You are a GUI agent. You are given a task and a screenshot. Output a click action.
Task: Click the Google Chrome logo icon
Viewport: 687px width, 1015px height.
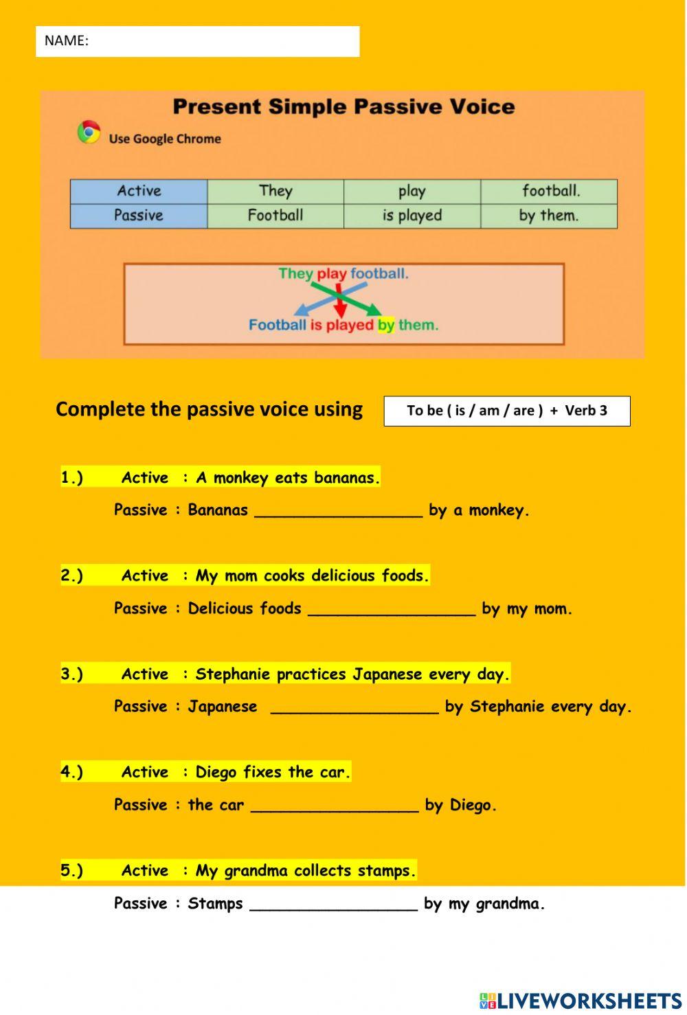pyautogui.click(x=89, y=132)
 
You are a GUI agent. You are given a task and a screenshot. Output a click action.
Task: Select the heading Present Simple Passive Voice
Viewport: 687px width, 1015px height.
pyautogui.click(x=343, y=107)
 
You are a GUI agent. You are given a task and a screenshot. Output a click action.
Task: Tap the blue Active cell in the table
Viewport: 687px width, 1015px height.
pyautogui.click(x=139, y=191)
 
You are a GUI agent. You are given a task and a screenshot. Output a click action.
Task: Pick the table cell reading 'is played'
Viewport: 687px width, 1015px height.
pyautogui.click(x=412, y=216)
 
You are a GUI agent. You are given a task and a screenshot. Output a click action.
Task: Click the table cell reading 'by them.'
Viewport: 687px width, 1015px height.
pyautogui.click(x=548, y=216)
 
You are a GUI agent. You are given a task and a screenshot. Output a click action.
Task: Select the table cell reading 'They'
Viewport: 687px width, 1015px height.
pyautogui.click(x=275, y=191)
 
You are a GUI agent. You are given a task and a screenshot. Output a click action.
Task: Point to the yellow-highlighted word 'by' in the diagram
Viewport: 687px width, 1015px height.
pyautogui.click(x=385, y=325)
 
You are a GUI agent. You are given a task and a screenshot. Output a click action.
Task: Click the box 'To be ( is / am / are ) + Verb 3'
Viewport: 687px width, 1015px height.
pyautogui.click(x=507, y=411)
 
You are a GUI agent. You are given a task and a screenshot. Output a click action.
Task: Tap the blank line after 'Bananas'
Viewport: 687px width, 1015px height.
pyautogui.click(x=338, y=511)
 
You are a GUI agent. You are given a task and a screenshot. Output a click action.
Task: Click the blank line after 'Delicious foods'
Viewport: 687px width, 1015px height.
pyautogui.click(x=392, y=609)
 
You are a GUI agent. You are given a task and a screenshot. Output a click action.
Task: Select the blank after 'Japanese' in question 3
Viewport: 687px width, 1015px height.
pyautogui.click(x=354, y=707)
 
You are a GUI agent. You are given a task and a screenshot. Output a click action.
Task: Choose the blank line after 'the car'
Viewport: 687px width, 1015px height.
pyautogui.click(x=335, y=806)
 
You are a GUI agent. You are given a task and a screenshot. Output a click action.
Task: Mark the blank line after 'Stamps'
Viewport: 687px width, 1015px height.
pyautogui.click(x=333, y=904)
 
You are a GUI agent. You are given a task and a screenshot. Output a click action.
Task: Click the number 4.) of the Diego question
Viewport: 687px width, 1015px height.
pyautogui.click(x=71, y=772)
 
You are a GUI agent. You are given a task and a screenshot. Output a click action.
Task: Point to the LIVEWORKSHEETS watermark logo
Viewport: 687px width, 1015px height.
pyautogui.click(x=581, y=1001)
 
